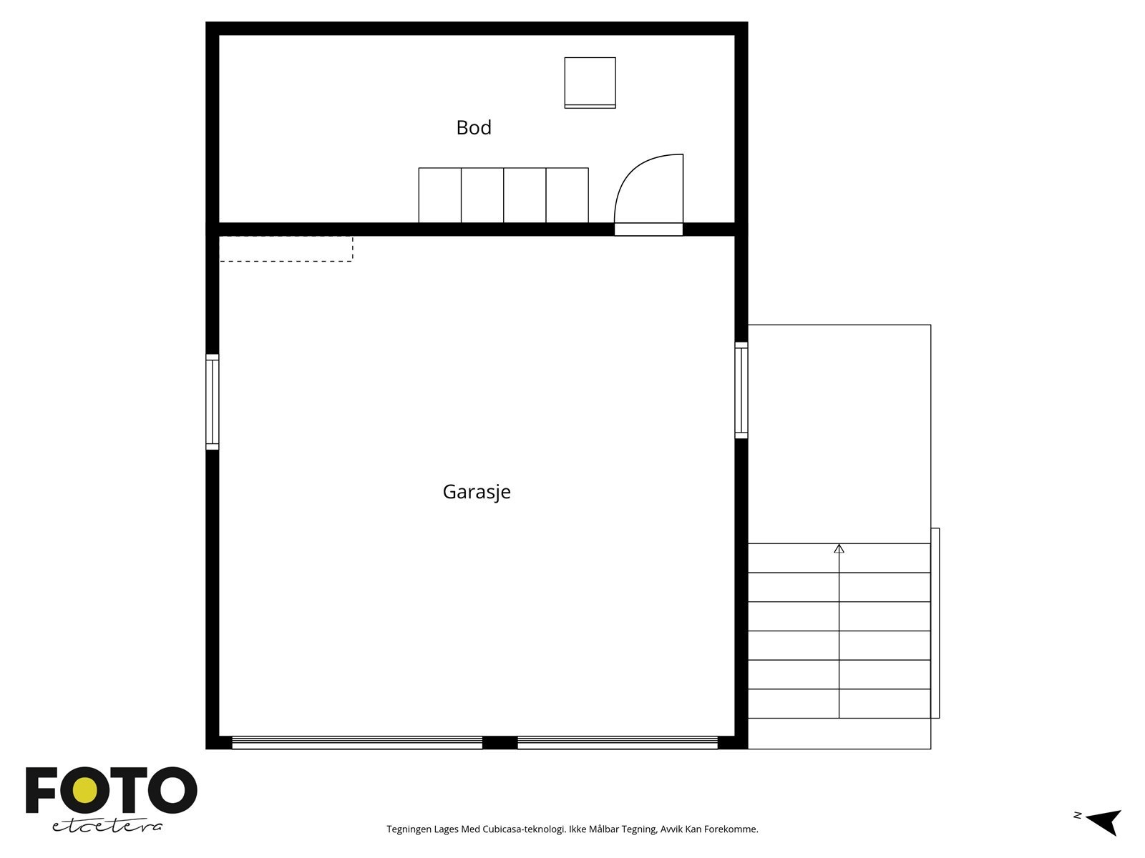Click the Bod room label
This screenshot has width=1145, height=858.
tap(474, 128)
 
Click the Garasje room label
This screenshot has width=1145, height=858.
tap(477, 492)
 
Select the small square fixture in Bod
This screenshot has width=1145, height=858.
tap(590, 82)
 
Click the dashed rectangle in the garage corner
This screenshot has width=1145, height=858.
tap(286, 249)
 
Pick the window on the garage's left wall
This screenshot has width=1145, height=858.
tap(213, 402)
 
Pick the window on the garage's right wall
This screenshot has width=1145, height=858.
tap(741, 390)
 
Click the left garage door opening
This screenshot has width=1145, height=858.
tap(357, 743)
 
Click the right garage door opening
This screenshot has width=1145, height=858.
tap(617, 743)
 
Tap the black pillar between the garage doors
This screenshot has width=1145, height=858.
tap(500, 743)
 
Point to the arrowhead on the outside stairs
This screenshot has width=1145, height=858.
tap(839, 548)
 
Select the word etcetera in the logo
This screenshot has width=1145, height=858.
tap(107, 826)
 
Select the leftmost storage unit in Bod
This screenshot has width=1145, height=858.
tap(440, 195)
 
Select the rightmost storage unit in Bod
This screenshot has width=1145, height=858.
tap(567, 195)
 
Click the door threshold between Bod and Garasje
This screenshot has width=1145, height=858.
tap(648, 230)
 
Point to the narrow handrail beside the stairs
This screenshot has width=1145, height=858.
tap(935, 623)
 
